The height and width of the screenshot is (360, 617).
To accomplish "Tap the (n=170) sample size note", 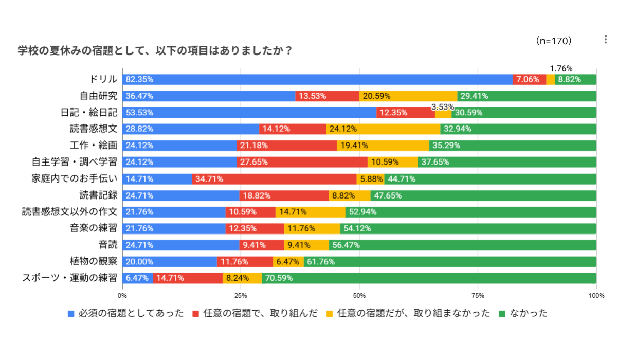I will tap(554, 41).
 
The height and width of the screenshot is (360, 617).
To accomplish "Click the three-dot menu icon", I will tap(605, 40).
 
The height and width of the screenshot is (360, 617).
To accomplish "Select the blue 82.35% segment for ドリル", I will tap(318, 79).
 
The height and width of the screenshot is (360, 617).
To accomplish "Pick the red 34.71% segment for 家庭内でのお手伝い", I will tap(274, 179).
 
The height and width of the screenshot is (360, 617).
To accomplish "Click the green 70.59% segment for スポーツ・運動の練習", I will tap(429, 278).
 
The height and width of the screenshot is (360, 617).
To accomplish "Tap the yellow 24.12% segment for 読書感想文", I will tap(383, 129).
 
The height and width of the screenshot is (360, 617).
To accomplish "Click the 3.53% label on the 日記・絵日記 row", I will tap(443, 107).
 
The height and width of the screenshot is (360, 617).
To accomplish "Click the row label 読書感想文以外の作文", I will tap(70, 212).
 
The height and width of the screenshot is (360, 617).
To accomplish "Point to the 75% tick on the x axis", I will tap(478, 296).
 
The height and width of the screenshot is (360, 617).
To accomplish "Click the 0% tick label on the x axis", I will tap(122, 296).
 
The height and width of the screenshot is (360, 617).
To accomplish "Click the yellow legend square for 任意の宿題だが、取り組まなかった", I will tap(330, 313).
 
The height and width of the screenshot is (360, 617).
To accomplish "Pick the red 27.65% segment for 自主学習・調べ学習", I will tap(302, 162).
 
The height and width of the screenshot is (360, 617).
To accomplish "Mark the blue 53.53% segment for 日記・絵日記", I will tap(249, 113).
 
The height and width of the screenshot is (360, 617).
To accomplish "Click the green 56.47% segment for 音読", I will tap(462, 245).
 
